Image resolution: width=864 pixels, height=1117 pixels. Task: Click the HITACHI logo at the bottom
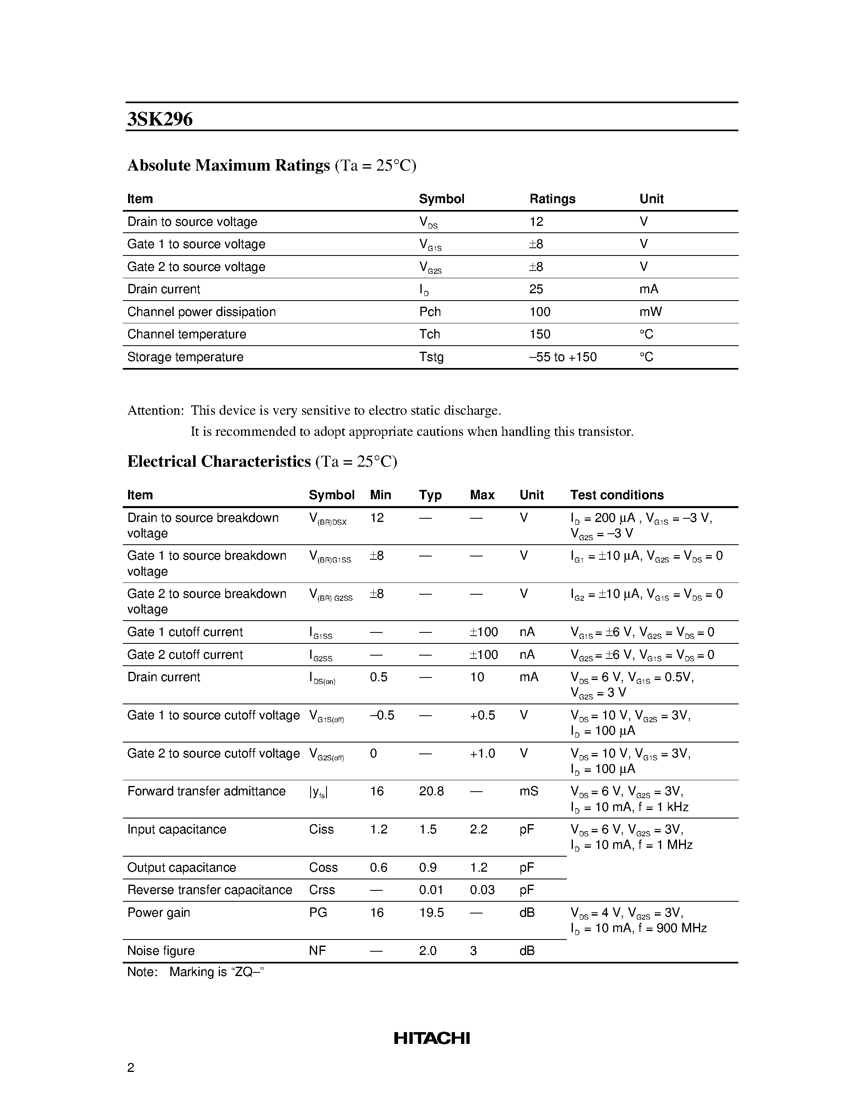(431, 1038)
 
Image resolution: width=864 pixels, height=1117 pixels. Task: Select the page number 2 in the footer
(131, 1067)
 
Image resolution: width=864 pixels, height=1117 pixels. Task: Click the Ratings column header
(552, 199)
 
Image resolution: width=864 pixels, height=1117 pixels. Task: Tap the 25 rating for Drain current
(536, 290)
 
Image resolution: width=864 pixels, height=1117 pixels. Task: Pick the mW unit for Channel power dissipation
(651, 312)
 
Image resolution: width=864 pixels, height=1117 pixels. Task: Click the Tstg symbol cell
(431, 357)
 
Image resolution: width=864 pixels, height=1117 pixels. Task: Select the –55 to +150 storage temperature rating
(563, 357)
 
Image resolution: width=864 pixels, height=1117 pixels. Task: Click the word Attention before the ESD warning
(155, 411)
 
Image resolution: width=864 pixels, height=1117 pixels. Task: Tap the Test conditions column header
(617, 495)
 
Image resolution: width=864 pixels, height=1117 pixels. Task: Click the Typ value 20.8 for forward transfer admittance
(431, 791)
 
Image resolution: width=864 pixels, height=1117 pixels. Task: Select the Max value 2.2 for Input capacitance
(479, 829)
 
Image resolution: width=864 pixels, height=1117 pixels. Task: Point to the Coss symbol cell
(323, 868)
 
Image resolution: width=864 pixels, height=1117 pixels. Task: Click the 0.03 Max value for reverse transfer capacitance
(482, 890)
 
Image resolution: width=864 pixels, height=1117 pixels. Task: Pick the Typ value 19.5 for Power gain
(431, 913)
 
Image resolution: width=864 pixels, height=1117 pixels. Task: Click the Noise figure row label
(161, 951)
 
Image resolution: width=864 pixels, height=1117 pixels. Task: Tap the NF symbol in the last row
(318, 951)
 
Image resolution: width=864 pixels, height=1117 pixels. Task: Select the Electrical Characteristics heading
(219, 462)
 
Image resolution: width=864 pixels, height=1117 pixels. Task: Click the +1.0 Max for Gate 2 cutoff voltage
(482, 753)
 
